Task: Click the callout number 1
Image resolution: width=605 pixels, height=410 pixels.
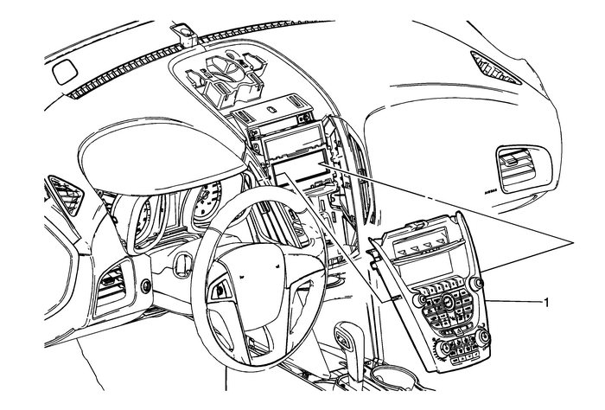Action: tap(545, 303)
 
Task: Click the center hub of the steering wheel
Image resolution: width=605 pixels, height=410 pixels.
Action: tap(251, 278)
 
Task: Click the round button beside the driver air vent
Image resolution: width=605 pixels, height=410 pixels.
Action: tap(145, 285)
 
